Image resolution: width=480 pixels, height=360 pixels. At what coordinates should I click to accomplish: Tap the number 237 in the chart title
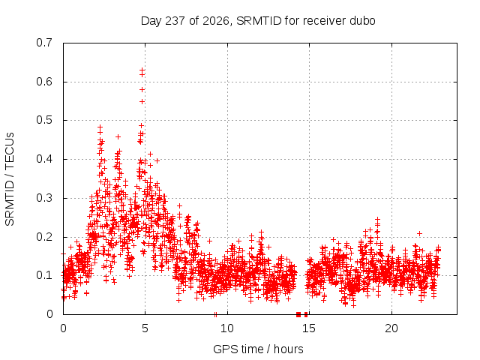point(175,21)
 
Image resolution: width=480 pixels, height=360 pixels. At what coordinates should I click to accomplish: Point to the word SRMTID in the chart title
point(259,21)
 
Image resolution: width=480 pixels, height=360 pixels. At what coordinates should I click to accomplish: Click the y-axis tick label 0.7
point(44,43)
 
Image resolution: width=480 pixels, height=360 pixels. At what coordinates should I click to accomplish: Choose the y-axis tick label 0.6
point(44,82)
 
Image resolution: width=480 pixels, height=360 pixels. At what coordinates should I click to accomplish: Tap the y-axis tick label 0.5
point(44,120)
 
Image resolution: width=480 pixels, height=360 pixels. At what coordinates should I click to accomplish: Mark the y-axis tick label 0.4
point(44,159)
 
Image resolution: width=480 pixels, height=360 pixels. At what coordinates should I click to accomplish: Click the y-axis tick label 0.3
point(44,198)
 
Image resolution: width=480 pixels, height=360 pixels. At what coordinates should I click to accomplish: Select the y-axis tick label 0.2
point(44,237)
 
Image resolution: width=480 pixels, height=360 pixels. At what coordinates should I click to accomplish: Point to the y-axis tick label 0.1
point(44,275)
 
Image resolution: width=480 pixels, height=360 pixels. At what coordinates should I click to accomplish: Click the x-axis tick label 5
point(145,328)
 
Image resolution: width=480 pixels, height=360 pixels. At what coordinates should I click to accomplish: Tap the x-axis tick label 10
point(227,328)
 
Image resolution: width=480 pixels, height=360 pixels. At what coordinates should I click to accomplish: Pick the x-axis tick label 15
point(309,328)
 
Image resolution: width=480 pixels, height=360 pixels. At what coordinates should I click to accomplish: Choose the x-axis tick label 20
point(391,328)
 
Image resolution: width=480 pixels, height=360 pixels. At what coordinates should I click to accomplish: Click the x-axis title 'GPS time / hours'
point(258,349)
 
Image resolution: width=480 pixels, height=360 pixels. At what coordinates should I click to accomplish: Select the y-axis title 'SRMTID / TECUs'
point(10,179)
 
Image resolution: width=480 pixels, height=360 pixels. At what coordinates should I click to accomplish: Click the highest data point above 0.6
point(142,70)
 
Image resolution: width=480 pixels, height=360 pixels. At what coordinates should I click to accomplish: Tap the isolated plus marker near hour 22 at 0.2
point(420,233)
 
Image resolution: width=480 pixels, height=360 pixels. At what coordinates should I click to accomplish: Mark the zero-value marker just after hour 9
point(215,314)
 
